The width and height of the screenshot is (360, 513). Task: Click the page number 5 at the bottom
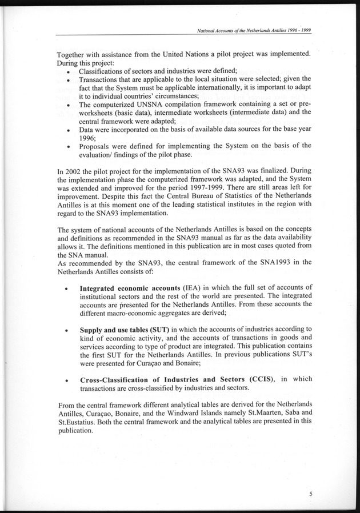pyautogui.click(x=310, y=492)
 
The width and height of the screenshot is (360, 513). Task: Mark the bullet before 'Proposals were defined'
pyautogui.click(x=68, y=146)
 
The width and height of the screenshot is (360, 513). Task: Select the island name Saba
pyautogui.click(x=282, y=414)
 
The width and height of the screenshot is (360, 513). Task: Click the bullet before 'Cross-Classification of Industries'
pyautogui.click(x=68, y=379)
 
